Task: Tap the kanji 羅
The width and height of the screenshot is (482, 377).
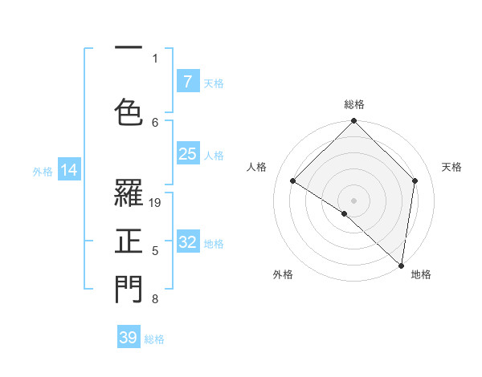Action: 129,193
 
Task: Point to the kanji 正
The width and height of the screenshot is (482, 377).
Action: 129,240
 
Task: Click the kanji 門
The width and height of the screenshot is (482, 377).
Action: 129,290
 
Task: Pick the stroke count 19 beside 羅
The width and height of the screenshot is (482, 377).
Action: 156,202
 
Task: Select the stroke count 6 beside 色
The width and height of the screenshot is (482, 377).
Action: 155,122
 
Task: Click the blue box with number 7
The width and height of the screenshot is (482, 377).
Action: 187,81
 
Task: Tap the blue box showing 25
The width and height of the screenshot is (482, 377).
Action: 187,154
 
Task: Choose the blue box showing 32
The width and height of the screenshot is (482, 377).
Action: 187,242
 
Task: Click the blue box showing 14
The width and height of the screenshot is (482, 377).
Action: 69,170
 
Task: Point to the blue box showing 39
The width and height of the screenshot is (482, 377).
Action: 129,338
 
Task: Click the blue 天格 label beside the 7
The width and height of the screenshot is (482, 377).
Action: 214,83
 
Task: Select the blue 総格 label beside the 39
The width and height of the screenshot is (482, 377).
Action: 154,339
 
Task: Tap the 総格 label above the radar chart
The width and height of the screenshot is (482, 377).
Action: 354,104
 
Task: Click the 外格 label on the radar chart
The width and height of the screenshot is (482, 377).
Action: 283,274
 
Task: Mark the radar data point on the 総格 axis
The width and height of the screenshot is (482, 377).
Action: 354,121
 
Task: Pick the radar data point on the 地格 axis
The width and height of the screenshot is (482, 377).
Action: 401,264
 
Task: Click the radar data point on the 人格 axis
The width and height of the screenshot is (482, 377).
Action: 293,180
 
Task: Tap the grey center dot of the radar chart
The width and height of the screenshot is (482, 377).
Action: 354,200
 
